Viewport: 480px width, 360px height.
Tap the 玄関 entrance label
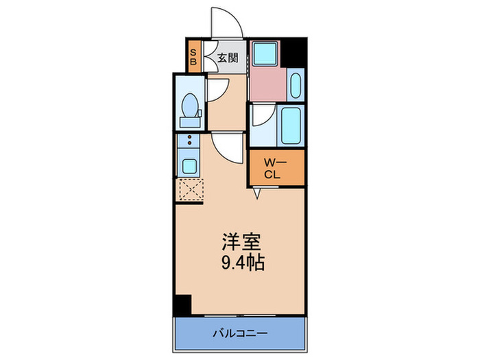click(x=228, y=58)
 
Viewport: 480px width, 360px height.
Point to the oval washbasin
click(x=296, y=86)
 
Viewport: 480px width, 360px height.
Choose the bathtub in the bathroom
click(x=291, y=125)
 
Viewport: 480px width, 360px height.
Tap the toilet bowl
click(x=190, y=108)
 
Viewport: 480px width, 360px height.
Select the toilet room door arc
click(x=218, y=89)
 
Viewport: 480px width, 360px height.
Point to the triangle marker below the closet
click(x=258, y=195)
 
